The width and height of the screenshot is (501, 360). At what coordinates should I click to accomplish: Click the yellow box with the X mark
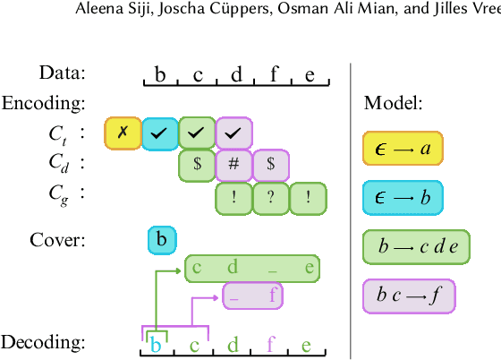tap(123, 133)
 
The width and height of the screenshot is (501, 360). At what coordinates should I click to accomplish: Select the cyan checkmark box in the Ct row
tap(160, 133)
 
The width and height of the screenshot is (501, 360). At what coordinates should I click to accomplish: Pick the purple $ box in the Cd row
tap(271, 165)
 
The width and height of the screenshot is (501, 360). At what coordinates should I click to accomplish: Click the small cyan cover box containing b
tap(162, 239)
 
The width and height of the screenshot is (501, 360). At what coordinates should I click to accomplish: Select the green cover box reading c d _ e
tap(252, 268)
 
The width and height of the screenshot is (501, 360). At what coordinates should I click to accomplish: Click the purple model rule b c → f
tap(409, 296)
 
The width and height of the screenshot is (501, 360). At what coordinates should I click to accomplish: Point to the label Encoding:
tap(42, 103)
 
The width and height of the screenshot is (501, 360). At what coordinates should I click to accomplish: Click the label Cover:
tap(57, 239)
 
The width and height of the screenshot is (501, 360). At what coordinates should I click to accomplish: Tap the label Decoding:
tap(43, 342)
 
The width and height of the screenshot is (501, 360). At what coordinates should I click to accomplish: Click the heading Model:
tap(393, 103)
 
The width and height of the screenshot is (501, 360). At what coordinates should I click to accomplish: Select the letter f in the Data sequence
tap(274, 73)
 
